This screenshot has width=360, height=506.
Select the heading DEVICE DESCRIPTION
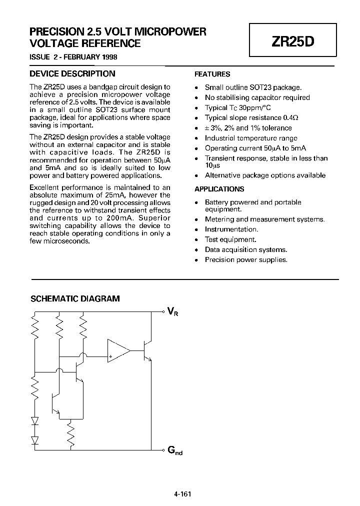point(72,74)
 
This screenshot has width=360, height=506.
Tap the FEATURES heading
point(212,74)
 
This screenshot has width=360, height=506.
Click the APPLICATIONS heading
point(219,189)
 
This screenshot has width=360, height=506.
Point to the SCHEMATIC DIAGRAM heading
point(75,299)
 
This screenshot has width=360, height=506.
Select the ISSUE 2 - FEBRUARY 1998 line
point(73,57)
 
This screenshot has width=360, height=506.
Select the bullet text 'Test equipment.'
point(230,239)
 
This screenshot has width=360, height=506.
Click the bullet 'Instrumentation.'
point(231,229)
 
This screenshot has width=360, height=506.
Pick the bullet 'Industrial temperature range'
point(251,138)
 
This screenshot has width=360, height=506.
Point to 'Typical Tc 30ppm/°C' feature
point(238,108)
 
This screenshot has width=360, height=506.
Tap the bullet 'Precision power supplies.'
point(246,259)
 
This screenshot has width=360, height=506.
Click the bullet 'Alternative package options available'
point(265,175)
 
